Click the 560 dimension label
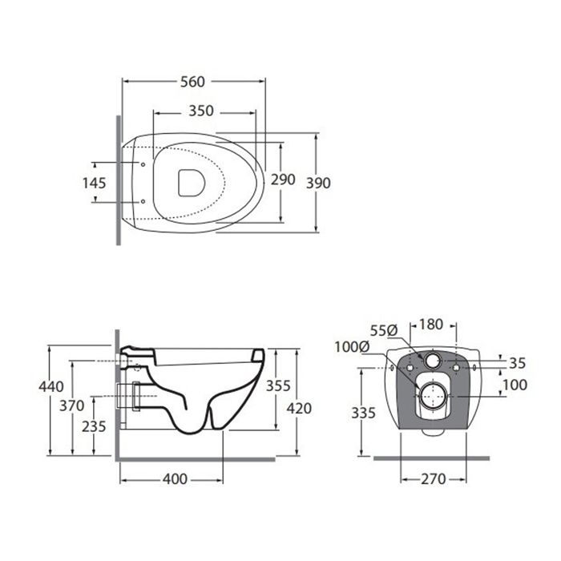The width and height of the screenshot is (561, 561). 192,82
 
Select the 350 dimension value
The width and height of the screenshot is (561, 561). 201,111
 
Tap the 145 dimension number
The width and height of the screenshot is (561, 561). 94,184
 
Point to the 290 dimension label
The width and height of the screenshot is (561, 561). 283,180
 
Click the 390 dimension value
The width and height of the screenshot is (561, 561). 318,184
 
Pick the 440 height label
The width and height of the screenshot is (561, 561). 51,387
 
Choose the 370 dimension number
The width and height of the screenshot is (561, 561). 72,406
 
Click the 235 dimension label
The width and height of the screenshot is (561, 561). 94,426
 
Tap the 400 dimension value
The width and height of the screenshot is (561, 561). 175,479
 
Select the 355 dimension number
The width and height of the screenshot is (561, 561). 278,385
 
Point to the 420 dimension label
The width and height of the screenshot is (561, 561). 299,408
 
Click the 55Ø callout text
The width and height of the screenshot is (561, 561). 384,330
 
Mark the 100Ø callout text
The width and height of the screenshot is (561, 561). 352,347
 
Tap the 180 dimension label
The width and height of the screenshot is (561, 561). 431,325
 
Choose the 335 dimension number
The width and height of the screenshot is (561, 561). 363,413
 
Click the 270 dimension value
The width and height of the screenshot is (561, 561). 434,479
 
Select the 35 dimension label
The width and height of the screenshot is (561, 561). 518,363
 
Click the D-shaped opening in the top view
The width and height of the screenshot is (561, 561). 192,183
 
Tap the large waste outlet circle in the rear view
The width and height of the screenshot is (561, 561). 433,395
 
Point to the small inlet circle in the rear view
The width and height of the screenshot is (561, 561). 433,361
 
